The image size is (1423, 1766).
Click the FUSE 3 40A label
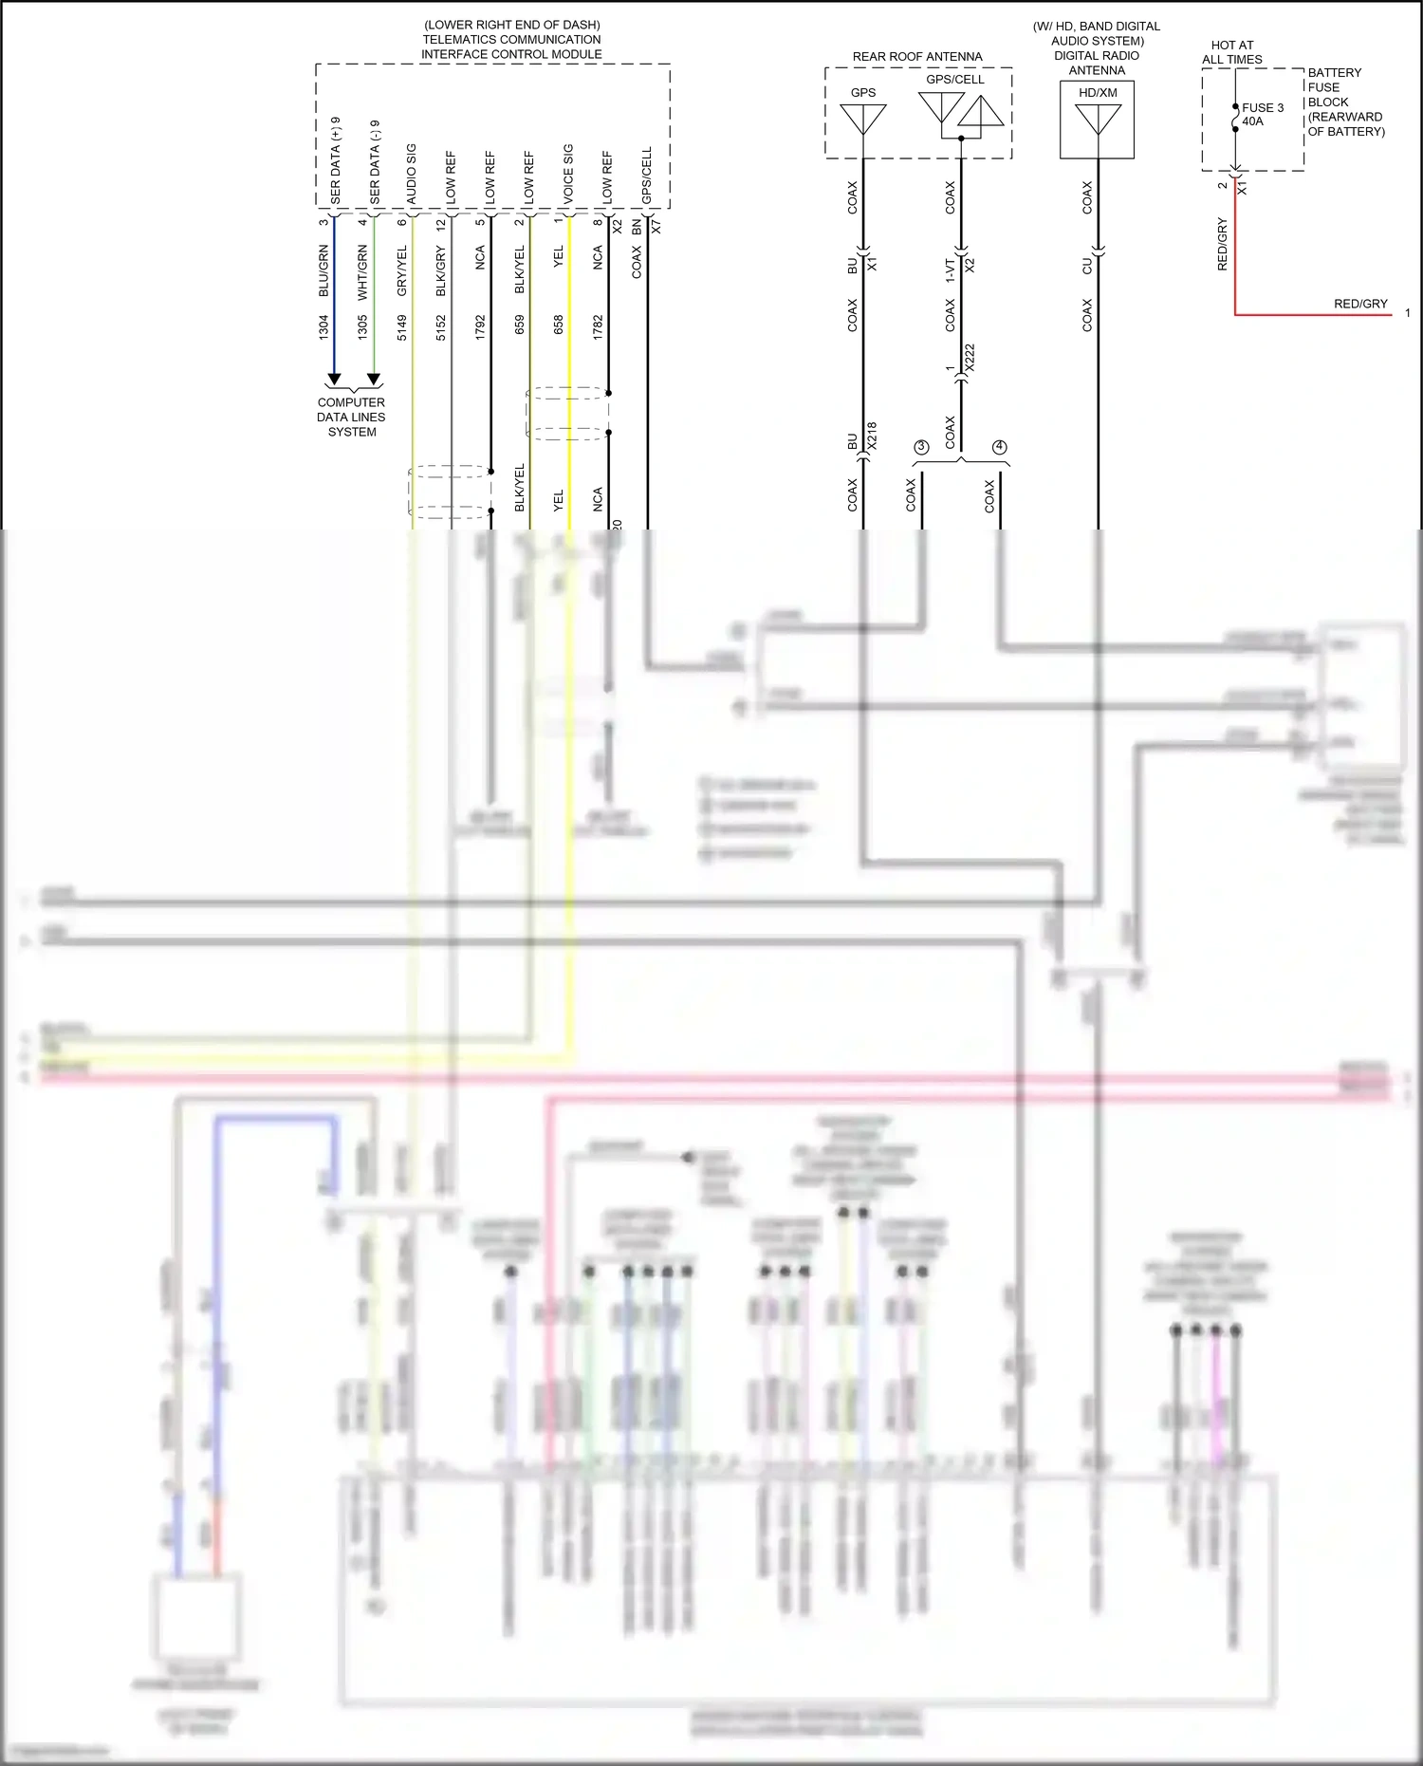click(x=1262, y=114)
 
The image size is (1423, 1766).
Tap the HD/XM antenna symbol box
click(x=1097, y=120)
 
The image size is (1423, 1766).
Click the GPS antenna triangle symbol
click(x=863, y=119)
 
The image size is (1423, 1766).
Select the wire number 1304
click(x=323, y=327)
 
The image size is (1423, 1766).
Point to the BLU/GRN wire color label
click(x=323, y=270)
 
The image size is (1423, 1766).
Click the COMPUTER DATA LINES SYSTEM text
click(x=351, y=417)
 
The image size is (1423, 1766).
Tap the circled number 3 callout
click(x=920, y=447)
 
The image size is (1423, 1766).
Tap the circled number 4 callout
click(x=999, y=447)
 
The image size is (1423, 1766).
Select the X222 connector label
click(x=970, y=358)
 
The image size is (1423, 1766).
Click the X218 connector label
click(x=872, y=436)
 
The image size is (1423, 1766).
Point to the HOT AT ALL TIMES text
click(x=1231, y=52)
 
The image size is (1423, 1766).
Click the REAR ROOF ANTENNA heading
click(x=916, y=57)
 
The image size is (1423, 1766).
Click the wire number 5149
click(x=402, y=327)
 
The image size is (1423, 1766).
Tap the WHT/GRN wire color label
click(x=362, y=272)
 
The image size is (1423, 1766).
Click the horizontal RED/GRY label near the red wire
click(x=1359, y=304)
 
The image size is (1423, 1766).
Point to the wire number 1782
click(x=598, y=327)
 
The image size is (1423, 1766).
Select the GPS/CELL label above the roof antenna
click(x=954, y=80)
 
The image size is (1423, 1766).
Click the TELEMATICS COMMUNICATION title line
click(x=511, y=40)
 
